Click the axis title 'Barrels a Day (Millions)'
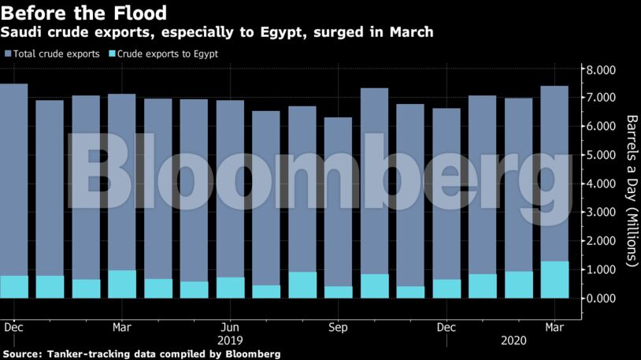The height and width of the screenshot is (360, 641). coord(631,190)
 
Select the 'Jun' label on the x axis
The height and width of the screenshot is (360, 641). coord(229,326)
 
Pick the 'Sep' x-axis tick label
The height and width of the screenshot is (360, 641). coord(338,326)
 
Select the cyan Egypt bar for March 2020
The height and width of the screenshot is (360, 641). coord(554,280)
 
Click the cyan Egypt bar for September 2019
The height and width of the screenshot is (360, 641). coord(338,291)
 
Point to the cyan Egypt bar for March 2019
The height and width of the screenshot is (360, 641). coord(121,284)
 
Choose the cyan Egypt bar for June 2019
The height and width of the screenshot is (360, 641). coord(230,288)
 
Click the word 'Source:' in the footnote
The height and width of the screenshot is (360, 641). coord(23,354)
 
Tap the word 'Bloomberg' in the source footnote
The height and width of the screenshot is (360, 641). coord(251,354)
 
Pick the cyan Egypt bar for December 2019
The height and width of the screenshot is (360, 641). coord(446,288)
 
